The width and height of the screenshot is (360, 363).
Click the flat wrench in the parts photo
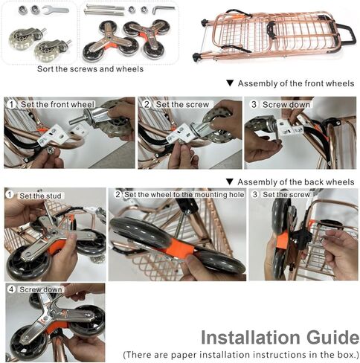pyautogui.click(x=55, y=10)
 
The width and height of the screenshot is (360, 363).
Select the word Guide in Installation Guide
pyautogui.click(x=332, y=338)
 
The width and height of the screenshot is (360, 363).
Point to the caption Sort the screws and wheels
pyautogui.click(x=90, y=68)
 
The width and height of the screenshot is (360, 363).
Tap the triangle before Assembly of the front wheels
pyautogui.click(x=230, y=83)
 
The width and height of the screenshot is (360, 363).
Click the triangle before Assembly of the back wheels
pyautogui.click(x=230, y=182)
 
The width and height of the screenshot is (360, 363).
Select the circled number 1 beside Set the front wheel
pyautogui.click(x=11, y=104)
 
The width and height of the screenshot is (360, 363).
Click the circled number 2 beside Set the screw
pyautogui.click(x=147, y=104)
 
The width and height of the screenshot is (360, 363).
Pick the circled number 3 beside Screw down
pyautogui.click(x=254, y=104)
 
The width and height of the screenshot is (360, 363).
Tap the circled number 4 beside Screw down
pyautogui.click(x=11, y=289)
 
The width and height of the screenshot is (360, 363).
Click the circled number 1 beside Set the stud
pyautogui.click(x=10, y=195)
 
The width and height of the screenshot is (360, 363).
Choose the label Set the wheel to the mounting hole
pyautogui.click(x=184, y=195)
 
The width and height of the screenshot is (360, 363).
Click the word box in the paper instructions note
pyautogui.click(x=350, y=355)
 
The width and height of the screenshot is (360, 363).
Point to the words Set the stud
pyautogui.click(x=40, y=196)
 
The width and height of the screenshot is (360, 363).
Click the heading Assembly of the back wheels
pyautogui.click(x=296, y=182)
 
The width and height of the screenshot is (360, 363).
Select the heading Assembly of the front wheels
pyautogui.click(x=296, y=83)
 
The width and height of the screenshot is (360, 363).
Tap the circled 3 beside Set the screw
pyautogui.click(x=255, y=194)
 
